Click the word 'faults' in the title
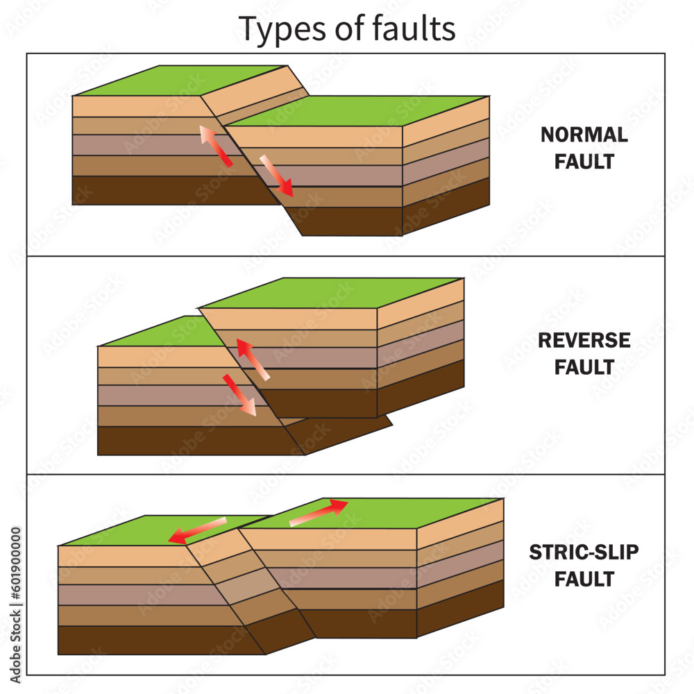click(416, 28)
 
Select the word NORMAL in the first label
click(584, 135)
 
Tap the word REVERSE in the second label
click(584, 340)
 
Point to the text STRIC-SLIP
click(584, 552)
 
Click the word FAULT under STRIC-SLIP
click(584, 579)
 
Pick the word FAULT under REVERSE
click(584, 367)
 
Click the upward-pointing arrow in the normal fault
click(215, 146)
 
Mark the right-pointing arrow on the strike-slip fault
click(318, 513)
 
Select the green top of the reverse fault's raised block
click(333, 291)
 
